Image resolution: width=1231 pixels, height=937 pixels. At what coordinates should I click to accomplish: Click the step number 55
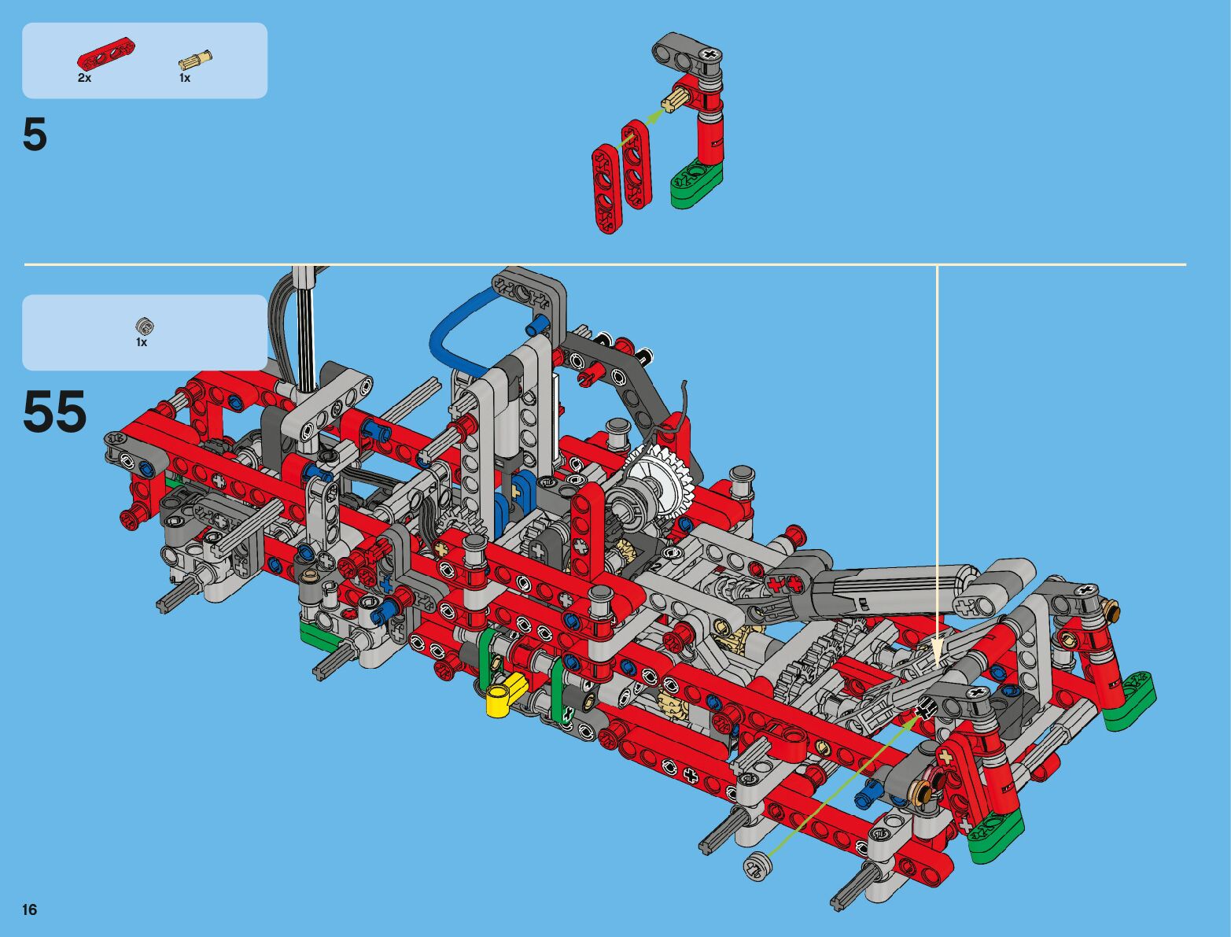[x=55, y=411]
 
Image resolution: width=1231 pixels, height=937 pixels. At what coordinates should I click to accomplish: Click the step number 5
[x=35, y=135]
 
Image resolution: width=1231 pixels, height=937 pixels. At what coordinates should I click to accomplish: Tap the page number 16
[x=30, y=909]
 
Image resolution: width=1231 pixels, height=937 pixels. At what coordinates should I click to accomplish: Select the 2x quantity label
[x=84, y=79]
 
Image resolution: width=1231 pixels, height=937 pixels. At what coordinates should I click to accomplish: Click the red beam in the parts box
[x=106, y=57]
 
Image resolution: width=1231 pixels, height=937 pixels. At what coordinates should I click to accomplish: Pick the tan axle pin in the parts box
[x=195, y=60]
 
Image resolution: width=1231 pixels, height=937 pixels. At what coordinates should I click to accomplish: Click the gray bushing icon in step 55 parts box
[x=145, y=326]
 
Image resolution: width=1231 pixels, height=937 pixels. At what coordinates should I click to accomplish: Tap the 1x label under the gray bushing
[x=142, y=342]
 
